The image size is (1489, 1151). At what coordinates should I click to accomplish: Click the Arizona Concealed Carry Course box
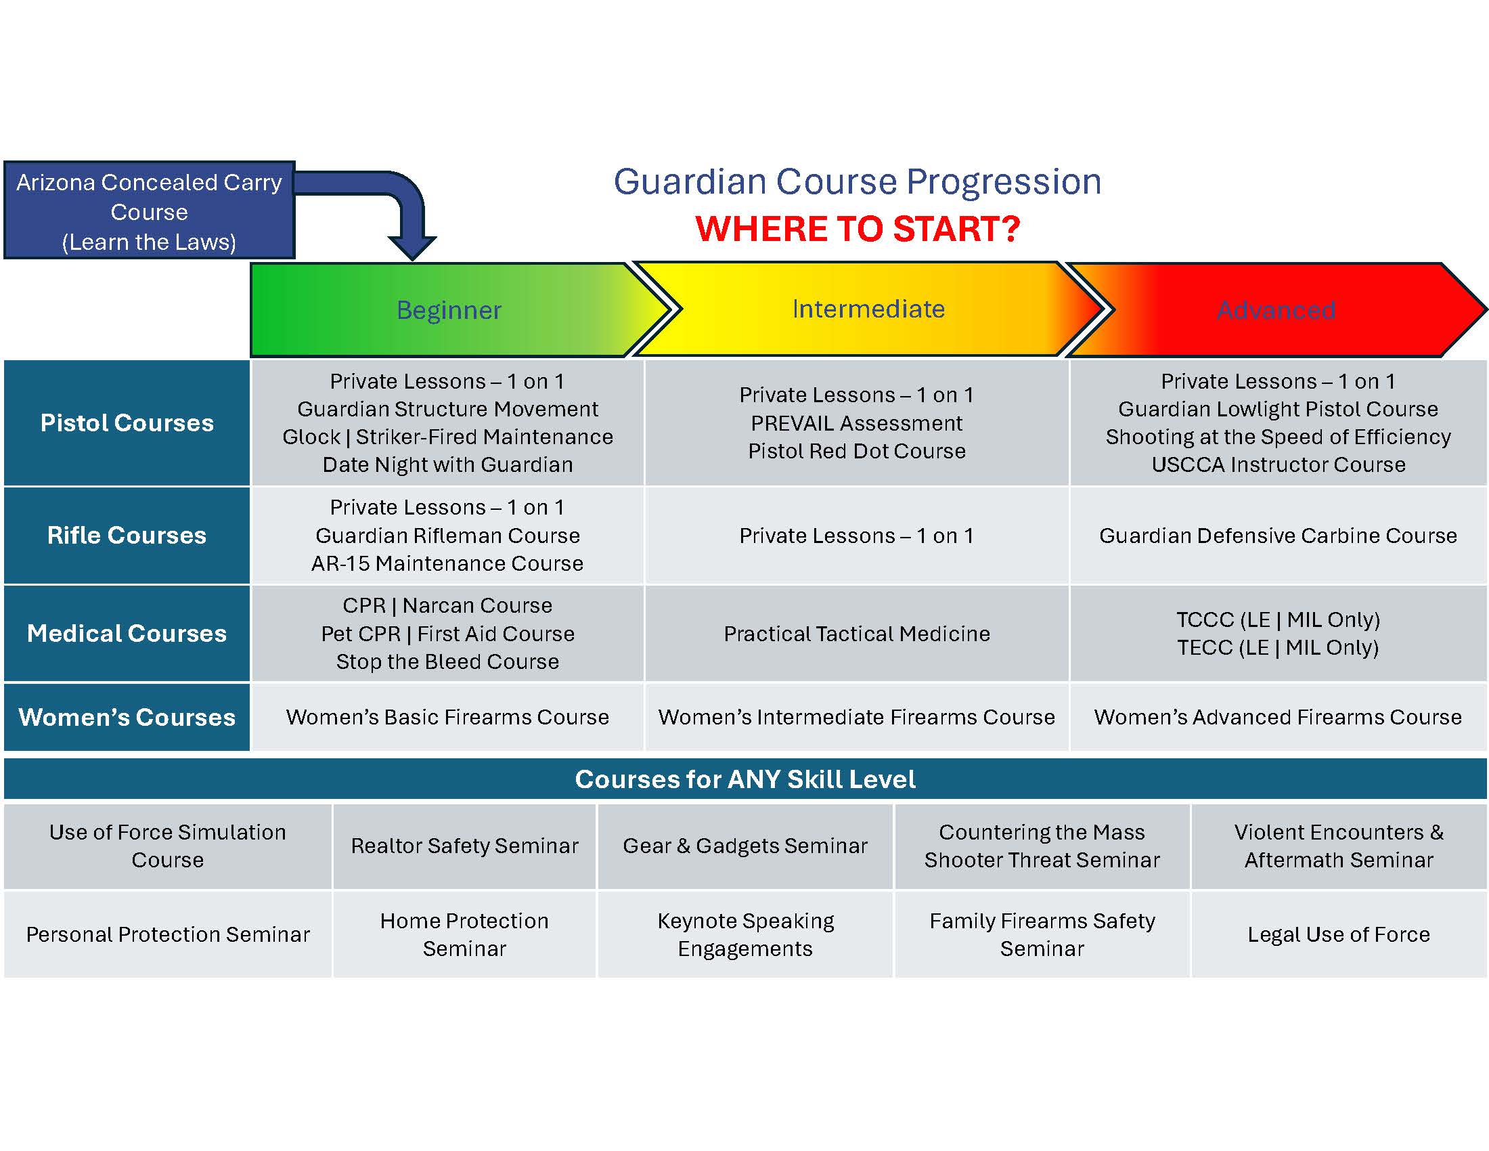[x=150, y=210]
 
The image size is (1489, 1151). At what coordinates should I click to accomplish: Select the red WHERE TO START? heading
[x=858, y=228]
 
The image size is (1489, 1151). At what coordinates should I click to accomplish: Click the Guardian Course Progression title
[x=858, y=182]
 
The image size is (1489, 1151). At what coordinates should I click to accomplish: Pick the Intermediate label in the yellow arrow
[x=868, y=309]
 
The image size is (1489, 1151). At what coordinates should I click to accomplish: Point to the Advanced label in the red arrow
[x=1276, y=310]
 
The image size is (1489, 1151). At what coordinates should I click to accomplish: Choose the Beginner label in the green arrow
[x=449, y=310]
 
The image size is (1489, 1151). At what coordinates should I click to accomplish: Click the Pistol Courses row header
[x=127, y=422]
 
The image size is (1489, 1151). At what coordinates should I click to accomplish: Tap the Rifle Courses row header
[x=127, y=536]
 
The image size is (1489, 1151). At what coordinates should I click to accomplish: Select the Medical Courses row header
[x=127, y=634]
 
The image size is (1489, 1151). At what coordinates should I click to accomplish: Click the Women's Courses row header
[x=127, y=717]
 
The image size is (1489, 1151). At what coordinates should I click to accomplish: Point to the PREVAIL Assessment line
[x=857, y=423]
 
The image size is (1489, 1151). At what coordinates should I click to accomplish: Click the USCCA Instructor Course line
[x=1279, y=464]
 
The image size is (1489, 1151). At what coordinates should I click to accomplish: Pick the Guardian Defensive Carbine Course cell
[x=1279, y=536]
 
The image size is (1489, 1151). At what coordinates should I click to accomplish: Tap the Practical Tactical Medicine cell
[x=857, y=634]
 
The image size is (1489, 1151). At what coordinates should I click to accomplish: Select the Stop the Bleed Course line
[x=448, y=661]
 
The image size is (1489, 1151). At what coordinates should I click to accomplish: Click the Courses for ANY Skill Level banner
[x=745, y=779]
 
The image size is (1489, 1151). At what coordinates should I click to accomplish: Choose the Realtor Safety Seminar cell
[x=465, y=846]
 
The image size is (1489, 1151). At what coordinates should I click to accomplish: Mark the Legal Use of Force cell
[x=1339, y=934]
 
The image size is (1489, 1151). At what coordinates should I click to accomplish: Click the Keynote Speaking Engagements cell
[x=745, y=934]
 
